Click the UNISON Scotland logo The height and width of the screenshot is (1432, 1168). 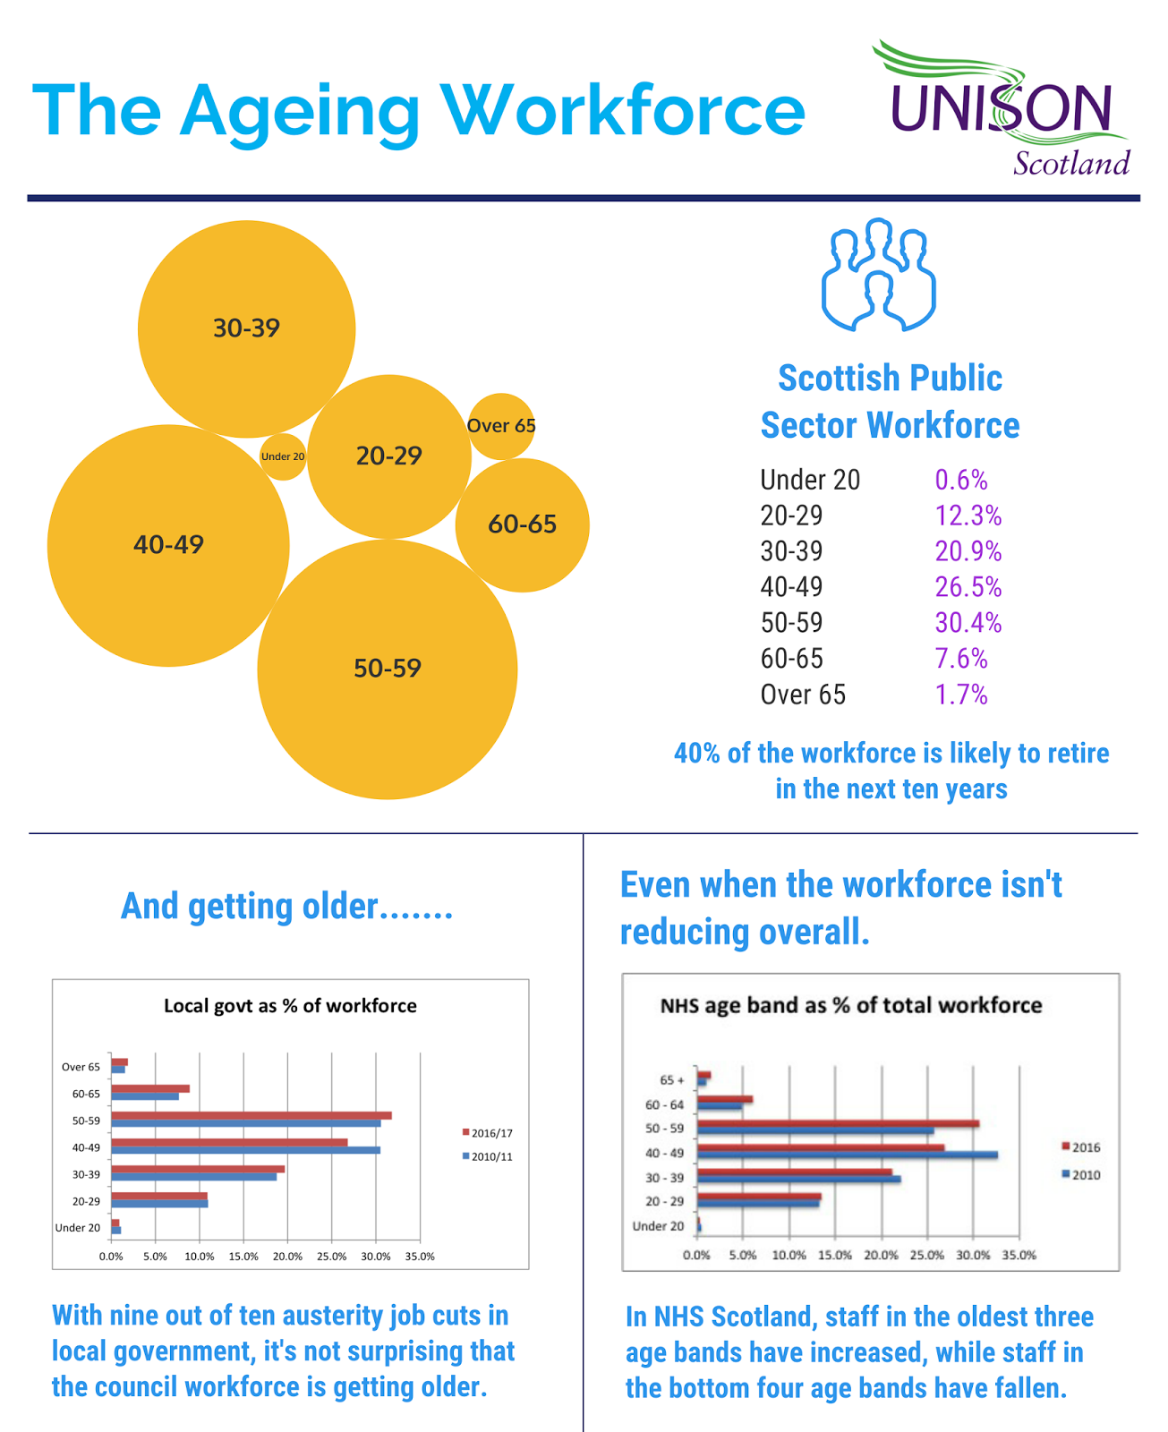[1001, 110]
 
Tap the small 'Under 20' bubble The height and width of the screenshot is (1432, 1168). [283, 456]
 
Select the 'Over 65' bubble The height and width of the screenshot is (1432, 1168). [501, 426]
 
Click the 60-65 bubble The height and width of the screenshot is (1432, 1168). [523, 524]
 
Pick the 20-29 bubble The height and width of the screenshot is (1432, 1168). [388, 456]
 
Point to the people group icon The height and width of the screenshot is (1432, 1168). [878, 274]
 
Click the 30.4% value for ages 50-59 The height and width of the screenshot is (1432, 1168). [968, 623]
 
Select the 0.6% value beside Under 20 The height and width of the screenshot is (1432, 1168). [961, 481]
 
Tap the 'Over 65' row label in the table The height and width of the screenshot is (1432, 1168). [803, 695]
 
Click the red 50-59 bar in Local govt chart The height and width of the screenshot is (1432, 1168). [251, 1115]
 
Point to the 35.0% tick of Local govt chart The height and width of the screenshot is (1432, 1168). [420, 1257]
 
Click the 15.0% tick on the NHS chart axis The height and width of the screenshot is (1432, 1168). [835, 1255]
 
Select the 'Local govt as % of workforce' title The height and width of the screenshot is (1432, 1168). [290, 1006]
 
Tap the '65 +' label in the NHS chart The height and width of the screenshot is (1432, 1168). [671, 1079]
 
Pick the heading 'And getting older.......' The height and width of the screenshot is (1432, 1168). [286, 907]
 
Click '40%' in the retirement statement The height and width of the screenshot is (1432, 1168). [696, 754]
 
